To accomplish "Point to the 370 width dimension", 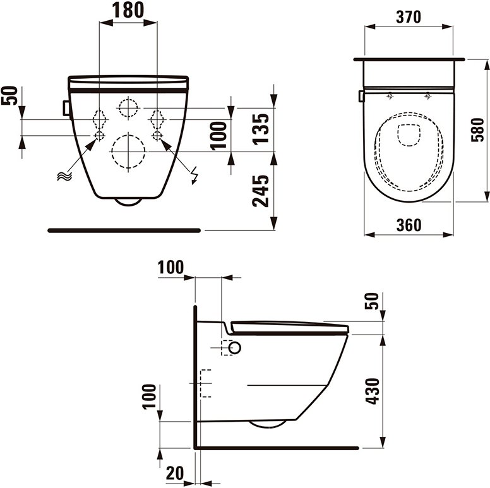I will [409, 18].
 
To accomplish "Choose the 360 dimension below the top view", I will [409, 225].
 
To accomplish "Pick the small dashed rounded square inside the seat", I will [409, 134].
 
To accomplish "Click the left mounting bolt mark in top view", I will [390, 96].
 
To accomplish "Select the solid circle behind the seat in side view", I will [234, 347].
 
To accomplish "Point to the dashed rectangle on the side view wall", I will [205, 383].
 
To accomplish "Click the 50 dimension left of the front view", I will [11, 97].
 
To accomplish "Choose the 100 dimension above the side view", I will [170, 267].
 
